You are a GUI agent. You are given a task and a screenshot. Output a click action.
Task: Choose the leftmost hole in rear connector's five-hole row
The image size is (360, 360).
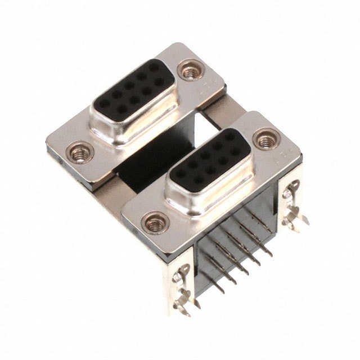click(104, 103)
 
